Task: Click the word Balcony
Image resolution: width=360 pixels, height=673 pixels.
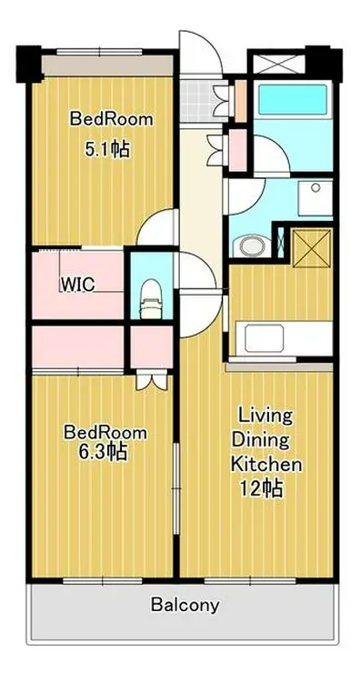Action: [x=185, y=605]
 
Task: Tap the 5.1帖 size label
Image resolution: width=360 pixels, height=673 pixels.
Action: [x=107, y=148]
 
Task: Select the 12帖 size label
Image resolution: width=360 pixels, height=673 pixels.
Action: [x=262, y=487]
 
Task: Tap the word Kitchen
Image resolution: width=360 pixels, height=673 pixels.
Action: [x=265, y=464]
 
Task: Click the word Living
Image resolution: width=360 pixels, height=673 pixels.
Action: [x=265, y=417]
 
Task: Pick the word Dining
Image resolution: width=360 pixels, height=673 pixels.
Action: [x=265, y=440]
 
